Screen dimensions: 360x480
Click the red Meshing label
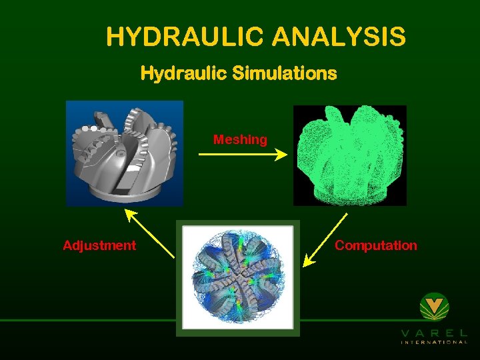[240, 140]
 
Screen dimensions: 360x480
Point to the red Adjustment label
[99, 245]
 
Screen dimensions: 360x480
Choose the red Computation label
[376, 245]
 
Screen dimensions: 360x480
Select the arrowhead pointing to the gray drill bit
[129, 215]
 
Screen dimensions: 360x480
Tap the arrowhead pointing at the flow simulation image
[308, 262]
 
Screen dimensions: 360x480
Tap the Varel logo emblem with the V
[435, 308]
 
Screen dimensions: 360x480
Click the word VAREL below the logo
[434, 333]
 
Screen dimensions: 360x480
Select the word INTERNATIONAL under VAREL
[434, 343]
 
